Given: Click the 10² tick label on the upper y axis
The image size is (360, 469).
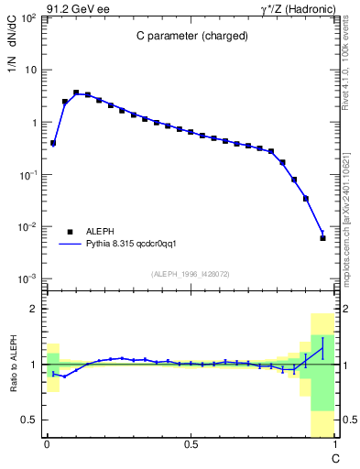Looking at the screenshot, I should (28, 17).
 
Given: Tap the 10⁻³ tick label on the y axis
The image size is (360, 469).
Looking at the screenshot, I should (28, 278).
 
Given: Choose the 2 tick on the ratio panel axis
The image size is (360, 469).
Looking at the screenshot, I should (35, 309).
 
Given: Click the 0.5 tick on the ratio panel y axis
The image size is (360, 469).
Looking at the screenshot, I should (30, 420).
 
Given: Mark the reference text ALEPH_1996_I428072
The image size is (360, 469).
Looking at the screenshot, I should (190, 272).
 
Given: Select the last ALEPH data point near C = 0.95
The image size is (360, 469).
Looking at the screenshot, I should (322, 238).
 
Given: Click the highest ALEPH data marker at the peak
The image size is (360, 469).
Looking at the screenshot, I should (76, 93).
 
